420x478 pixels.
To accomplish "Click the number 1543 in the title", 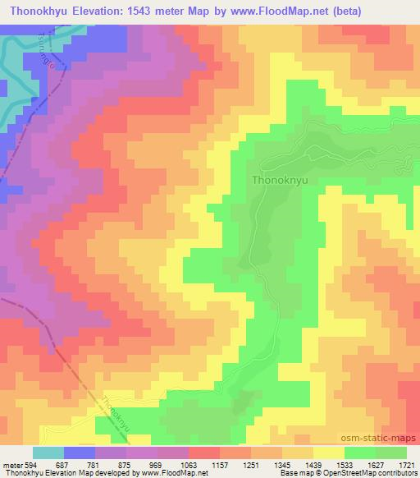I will pyautogui.click(x=151, y=9).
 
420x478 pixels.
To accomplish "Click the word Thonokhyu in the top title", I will pyautogui.click(x=39, y=9).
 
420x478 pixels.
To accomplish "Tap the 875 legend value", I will pyautogui.click(x=126, y=465).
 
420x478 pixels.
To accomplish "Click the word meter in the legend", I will pyautogui.click(x=11, y=465).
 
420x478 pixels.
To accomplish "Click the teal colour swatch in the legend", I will pyautogui.click(x=48, y=453).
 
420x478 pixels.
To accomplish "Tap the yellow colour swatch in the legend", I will pyautogui.click(x=329, y=453).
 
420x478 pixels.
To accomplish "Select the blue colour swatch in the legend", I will pyautogui.click(x=80, y=453).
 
